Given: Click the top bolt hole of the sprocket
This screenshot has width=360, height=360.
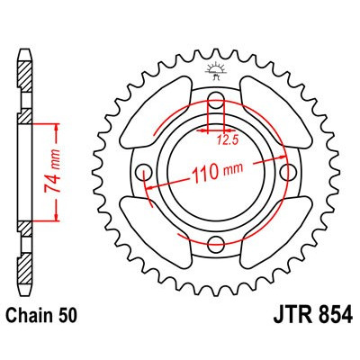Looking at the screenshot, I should [216, 100].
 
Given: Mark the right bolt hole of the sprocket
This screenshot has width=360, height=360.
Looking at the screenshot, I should [286, 171].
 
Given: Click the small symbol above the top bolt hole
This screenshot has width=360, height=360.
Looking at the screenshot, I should [216, 70].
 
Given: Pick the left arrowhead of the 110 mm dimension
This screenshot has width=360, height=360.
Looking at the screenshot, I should [149, 184].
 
